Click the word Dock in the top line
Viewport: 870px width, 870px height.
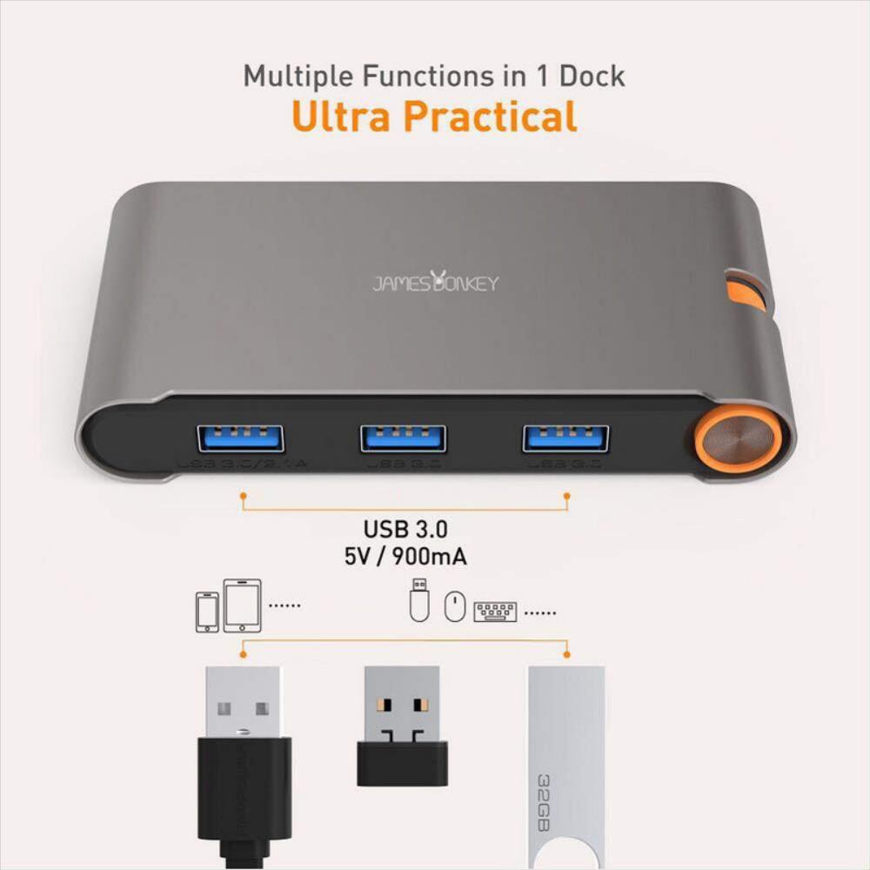click(592, 76)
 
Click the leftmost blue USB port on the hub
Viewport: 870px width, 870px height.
click(241, 438)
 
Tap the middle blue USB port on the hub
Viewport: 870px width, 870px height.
click(403, 438)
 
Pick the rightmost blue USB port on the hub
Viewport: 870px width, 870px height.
click(565, 438)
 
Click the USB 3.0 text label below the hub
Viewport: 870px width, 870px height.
click(405, 529)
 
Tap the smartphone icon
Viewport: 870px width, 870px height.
click(207, 612)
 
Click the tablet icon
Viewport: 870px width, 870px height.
click(242, 606)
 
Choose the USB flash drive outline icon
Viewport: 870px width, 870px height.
click(419, 599)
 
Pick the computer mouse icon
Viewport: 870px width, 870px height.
click(454, 606)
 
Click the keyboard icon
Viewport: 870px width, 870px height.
click(495, 612)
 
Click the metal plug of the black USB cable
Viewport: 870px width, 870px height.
click(244, 701)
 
